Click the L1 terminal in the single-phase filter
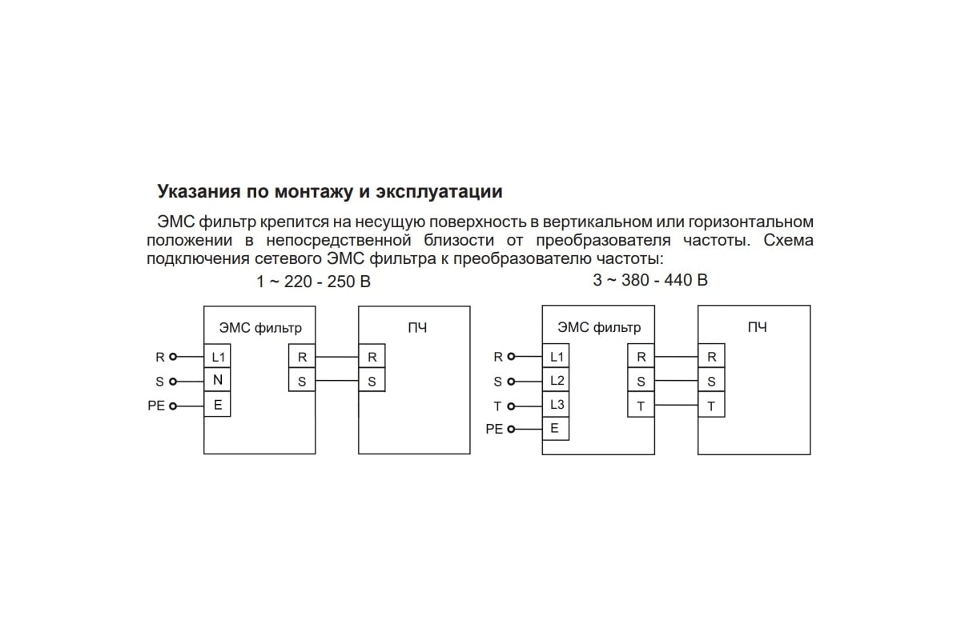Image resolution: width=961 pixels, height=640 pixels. pyautogui.click(x=218, y=358)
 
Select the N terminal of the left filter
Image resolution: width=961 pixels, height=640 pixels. pyautogui.click(x=218, y=382)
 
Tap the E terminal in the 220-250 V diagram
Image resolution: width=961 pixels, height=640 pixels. pyautogui.click(x=218, y=406)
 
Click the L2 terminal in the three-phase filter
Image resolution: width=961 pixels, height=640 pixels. pyautogui.click(x=557, y=382)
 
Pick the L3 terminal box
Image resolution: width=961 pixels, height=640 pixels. pyautogui.click(x=557, y=405)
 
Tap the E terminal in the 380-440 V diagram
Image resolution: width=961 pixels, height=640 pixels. pyautogui.click(x=556, y=429)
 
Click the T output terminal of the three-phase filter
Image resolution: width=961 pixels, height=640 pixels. pyautogui.click(x=641, y=406)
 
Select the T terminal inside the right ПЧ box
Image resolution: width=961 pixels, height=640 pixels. pyautogui.click(x=711, y=406)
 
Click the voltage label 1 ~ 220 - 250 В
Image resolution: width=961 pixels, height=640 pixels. pyautogui.click(x=313, y=282)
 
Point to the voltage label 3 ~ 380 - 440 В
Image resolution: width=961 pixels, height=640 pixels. pyautogui.click(x=650, y=280)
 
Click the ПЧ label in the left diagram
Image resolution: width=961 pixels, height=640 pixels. pyautogui.click(x=417, y=327)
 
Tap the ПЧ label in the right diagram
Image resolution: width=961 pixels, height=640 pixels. pyautogui.click(x=757, y=327)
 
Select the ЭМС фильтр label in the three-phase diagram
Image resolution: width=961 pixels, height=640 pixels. pyautogui.click(x=599, y=327)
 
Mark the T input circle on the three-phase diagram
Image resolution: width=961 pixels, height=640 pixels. pyautogui.click(x=511, y=406)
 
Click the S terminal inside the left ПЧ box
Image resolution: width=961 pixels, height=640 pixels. pyautogui.click(x=372, y=382)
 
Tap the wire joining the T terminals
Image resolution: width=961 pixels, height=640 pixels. pyautogui.click(x=676, y=406)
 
